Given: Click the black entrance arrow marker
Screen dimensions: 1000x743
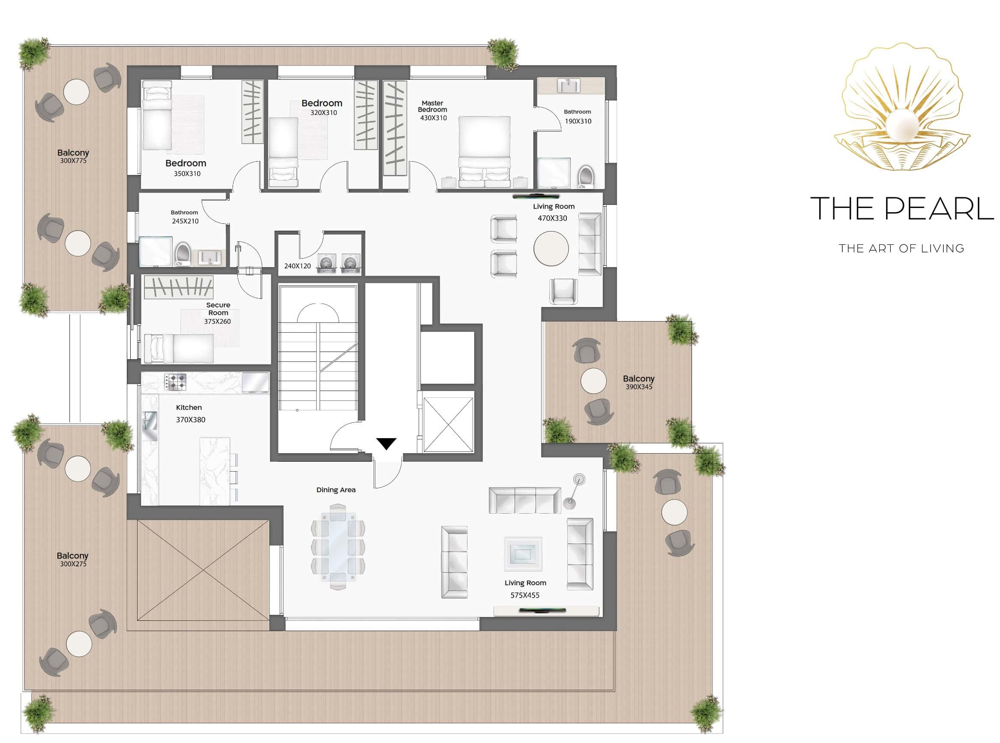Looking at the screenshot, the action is pyautogui.click(x=386, y=443).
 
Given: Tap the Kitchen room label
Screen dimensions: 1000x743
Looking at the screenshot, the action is pyautogui.click(x=189, y=407).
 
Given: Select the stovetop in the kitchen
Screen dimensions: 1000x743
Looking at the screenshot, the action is pyautogui.click(x=175, y=382).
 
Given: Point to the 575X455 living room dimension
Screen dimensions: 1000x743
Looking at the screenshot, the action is pyautogui.click(x=525, y=595).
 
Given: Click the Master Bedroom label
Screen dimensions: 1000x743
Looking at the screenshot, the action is pyautogui.click(x=432, y=106).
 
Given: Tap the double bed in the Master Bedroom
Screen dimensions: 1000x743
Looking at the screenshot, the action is pyautogui.click(x=485, y=152).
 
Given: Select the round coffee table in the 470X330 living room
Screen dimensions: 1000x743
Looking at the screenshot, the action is pyautogui.click(x=551, y=248).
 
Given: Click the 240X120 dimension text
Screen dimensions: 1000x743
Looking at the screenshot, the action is pyautogui.click(x=297, y=266).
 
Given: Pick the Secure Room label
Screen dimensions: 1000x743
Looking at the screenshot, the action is pyautogui.click(x=218, y=309).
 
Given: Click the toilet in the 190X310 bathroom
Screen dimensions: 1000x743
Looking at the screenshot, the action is pyautogui.click(x=586, y=177).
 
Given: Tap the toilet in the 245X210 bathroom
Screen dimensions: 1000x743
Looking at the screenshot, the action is pyautogui.click(x=183, y=254).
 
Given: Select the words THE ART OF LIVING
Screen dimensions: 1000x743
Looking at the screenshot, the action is pyautogui.click(x=901, y=248).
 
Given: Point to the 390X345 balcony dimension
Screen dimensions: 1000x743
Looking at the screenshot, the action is pyautogui.click(x=639, y=387).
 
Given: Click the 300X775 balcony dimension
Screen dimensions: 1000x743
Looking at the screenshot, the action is pyautogui.click(x=73, y=161).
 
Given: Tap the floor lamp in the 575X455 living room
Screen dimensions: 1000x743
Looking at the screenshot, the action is pyautogui.click(x=575, y=490).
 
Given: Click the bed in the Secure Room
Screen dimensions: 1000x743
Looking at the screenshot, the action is pyautogui.click(x=179, y=348).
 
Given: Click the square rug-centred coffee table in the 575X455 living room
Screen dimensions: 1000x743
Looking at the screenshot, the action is pyautogui.click(x=523, y=553).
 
